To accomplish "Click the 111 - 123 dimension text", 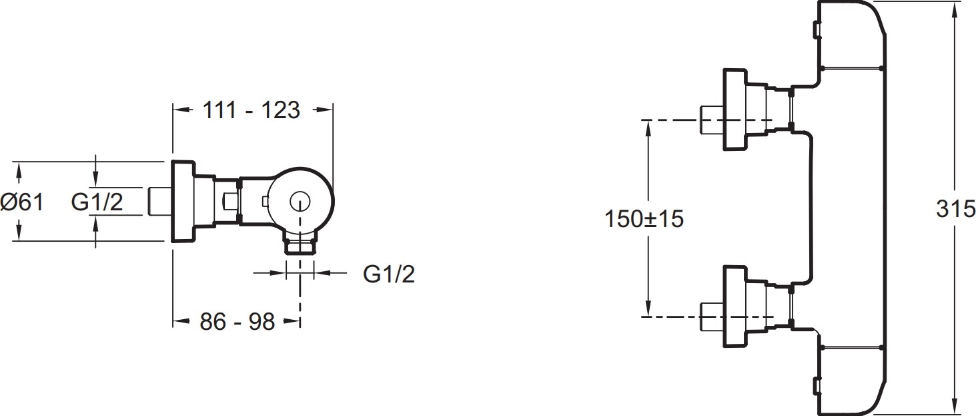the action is [x=252, y=110].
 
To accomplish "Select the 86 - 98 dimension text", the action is [x=237, y=322].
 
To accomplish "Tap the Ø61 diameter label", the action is [x=22, y=202].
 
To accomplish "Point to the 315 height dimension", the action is [x=955, y=209].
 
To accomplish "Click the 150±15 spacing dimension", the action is [x=644, y=218].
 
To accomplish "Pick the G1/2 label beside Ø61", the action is [x=97, y=202].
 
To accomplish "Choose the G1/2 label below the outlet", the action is [x=389, y=274].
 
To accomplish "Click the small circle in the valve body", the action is [x=300, y=202].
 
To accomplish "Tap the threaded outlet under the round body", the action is [x=300, y=246].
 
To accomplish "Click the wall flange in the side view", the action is [x=183, y=201].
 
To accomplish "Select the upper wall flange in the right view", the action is [x=735, y=110].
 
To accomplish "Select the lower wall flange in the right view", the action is [x=735, y=306].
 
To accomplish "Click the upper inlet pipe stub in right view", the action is [x=712, y=119].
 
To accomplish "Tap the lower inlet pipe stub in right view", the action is [x=712, y=316].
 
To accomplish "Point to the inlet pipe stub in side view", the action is [x=160, y=202].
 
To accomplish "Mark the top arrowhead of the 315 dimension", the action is [x=955, y=9].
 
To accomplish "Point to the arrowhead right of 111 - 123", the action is [x=324, y=110].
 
